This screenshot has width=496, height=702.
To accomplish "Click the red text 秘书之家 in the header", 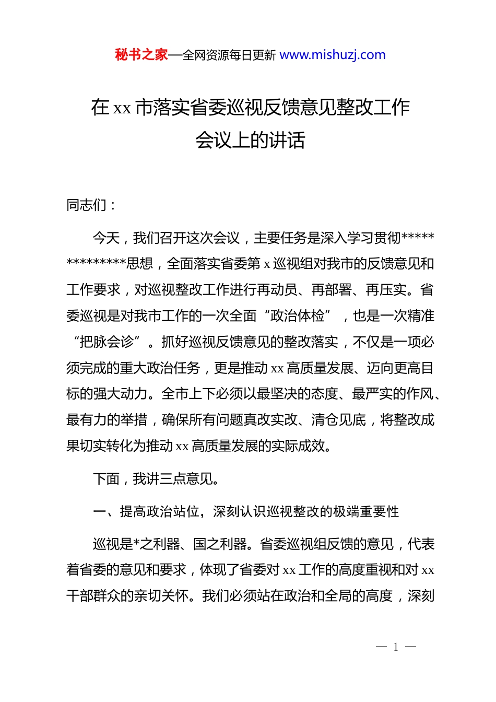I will click(141, 55).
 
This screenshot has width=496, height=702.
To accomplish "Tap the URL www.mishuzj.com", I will click(333, 55).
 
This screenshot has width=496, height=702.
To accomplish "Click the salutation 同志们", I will click(86, 205).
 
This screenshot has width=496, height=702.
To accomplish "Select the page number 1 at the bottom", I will click(396, 647).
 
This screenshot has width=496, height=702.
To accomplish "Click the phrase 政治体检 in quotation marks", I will click(298, 316).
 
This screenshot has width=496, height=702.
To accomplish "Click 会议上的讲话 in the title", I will click(250, 140).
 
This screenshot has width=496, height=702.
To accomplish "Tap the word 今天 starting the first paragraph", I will click(106, 238).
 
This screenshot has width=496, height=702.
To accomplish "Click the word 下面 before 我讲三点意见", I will click(106, 479).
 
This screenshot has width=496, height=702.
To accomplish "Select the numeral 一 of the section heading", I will click(99, 512).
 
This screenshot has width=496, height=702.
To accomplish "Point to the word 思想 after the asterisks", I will click(140, 264).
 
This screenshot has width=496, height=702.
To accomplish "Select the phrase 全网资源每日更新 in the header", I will click(229, 55).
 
